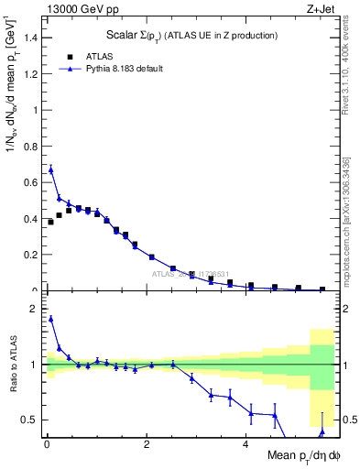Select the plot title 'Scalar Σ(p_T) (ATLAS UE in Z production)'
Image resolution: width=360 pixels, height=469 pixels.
tap(190, 35)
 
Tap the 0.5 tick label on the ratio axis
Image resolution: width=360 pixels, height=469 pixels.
tap(30, 420)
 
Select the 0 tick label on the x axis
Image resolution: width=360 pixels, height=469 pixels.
tap(46, 445)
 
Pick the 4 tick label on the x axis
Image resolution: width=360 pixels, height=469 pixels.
tap(245, 445)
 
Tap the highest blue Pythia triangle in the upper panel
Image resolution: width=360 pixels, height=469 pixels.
tap(51, 169)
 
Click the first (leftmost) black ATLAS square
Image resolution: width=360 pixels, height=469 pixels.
tap(50, 222)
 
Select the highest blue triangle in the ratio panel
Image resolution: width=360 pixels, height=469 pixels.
tap(51, 319)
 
